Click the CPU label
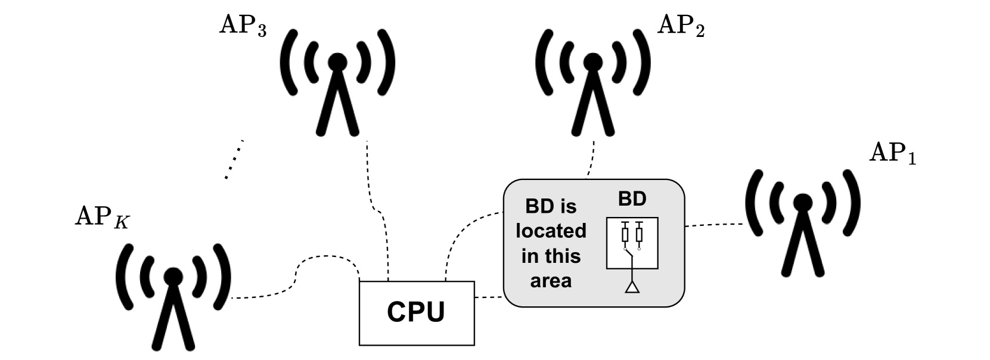416,312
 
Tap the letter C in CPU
397,312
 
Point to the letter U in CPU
435,312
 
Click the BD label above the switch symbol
632,198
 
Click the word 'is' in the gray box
569,206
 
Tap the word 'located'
551,231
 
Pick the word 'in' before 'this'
529,256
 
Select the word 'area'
551,280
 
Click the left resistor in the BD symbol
625,235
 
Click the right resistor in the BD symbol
639,235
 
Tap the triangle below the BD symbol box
632,288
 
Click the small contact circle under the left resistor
625,249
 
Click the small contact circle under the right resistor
639,249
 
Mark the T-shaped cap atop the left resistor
625,224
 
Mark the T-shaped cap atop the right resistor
639,224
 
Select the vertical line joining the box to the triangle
632,275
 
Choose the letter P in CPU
416,312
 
